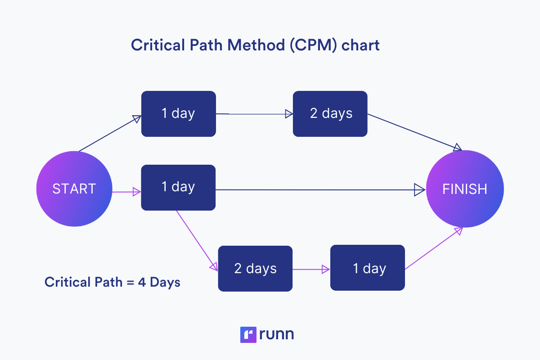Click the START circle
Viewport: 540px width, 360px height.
click(x=74, y=189)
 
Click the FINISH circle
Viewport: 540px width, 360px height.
click(x=465, y=189)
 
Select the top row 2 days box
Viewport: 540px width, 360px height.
click(x=330, y=114)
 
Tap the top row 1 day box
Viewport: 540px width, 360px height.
click(x=178, y=114)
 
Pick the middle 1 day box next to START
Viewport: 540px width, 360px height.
click(x=178, y=187)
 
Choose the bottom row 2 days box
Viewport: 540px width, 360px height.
click(x=255, y=269)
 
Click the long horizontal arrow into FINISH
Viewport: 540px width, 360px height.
click(x=315, y=190)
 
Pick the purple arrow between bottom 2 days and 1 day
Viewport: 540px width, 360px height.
click(x=311, y=270)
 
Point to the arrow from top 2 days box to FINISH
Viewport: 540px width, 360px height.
click(x=414, y=131)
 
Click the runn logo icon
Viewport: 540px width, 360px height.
click(x=248, y=334)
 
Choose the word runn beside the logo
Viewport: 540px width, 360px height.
click(x=277, y=335)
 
